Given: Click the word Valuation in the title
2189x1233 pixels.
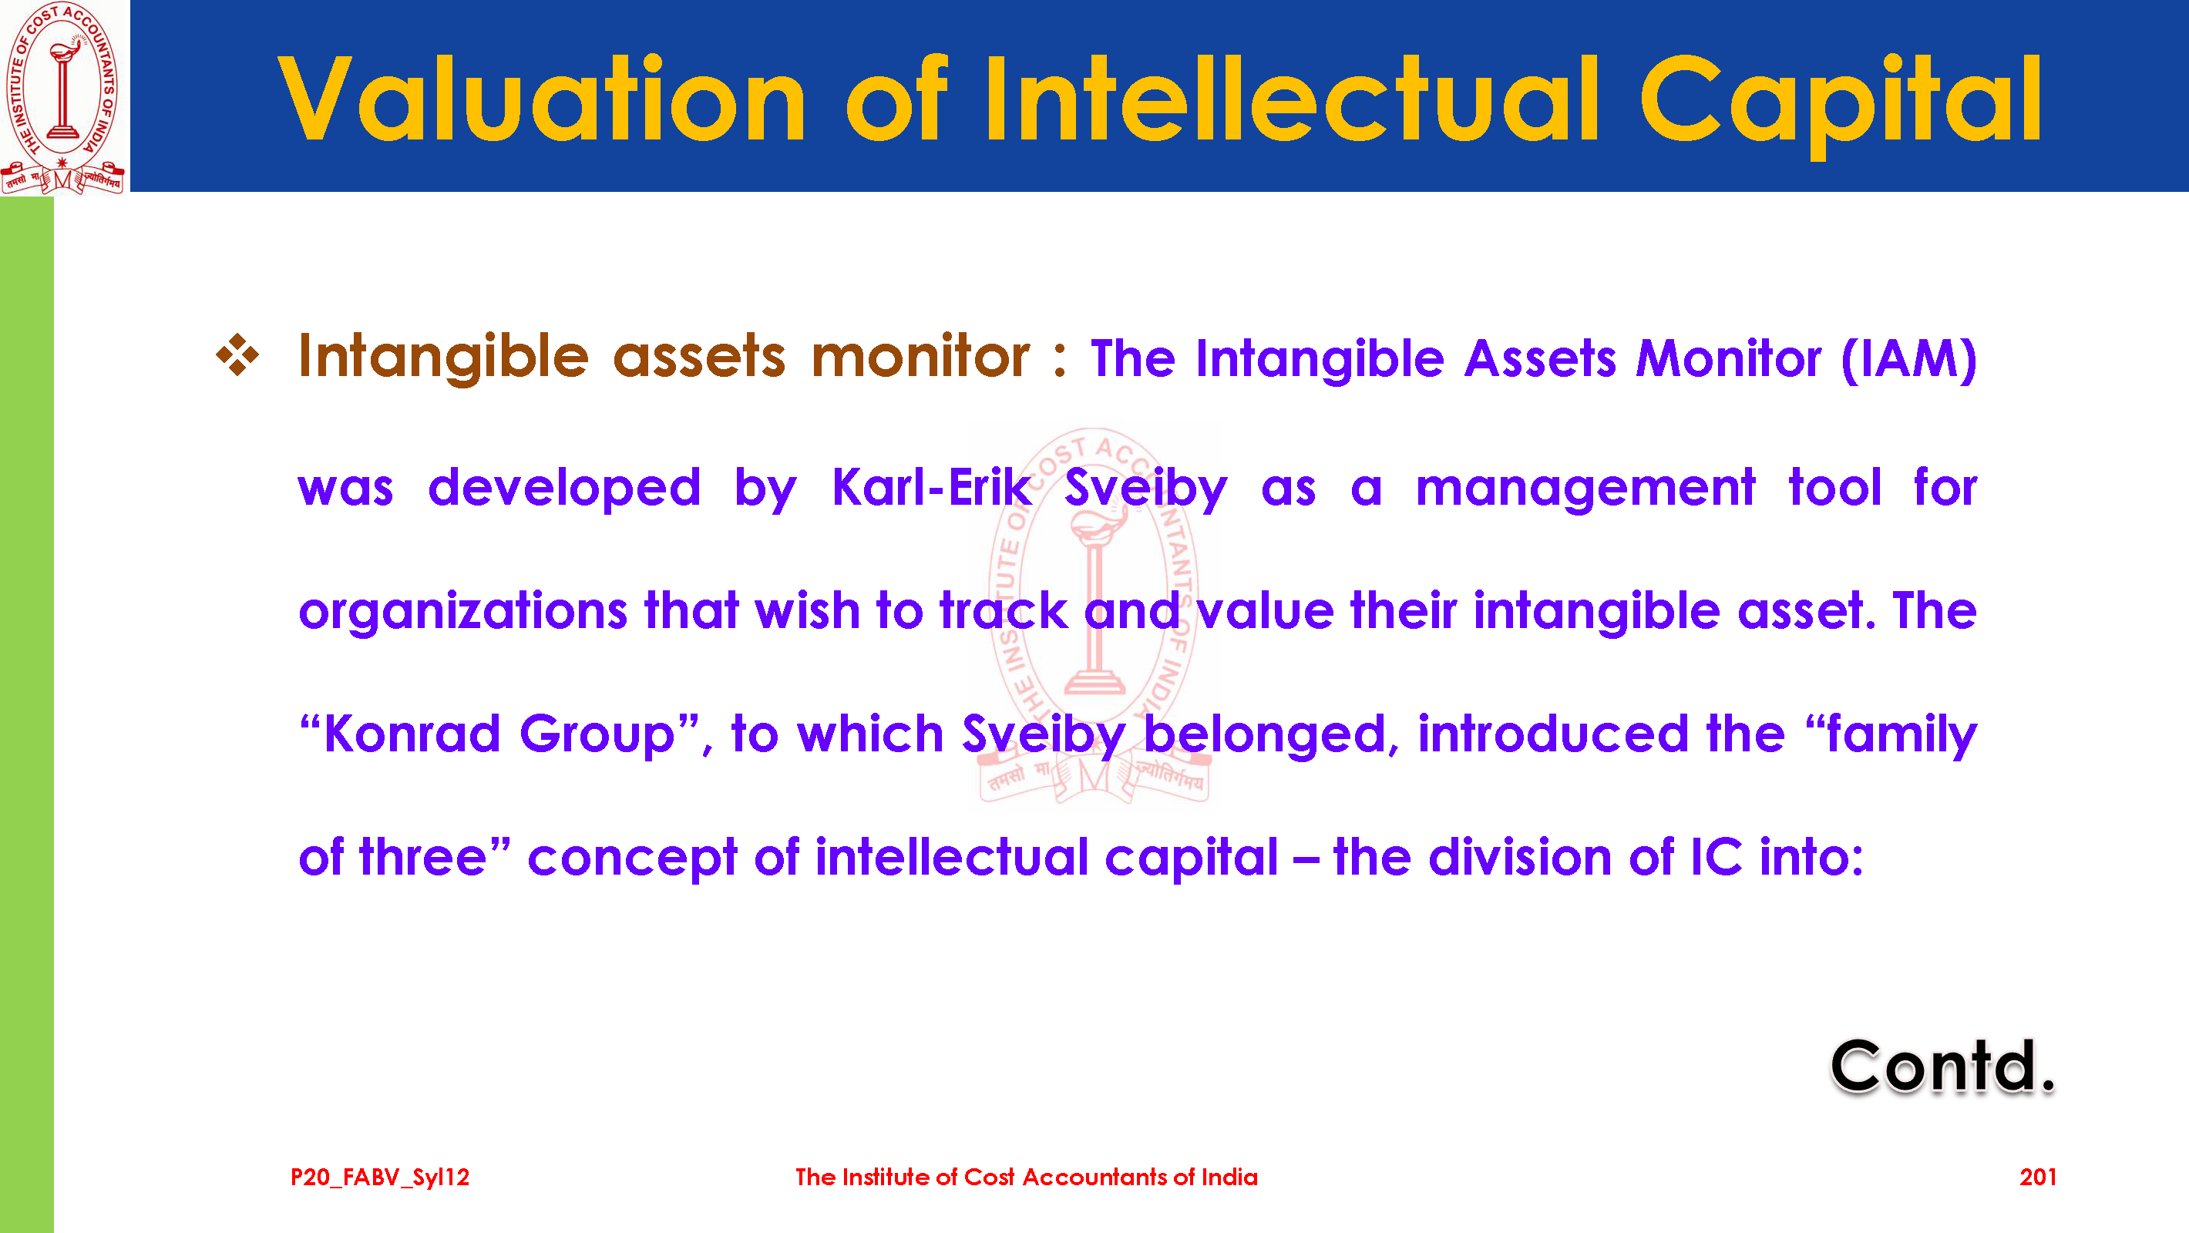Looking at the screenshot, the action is pyautogui.click(x=542, y=99).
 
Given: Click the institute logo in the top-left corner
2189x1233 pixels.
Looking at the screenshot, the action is pyautogui.click(x=64, y=97).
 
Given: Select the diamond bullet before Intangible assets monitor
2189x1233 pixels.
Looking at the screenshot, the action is pyautogui.click(x=237, y=355).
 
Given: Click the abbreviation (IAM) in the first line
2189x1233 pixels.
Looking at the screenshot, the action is pyautogui.click(x=1908, y=359).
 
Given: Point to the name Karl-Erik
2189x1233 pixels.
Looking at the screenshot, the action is pyautogui.click(x=931, y=487).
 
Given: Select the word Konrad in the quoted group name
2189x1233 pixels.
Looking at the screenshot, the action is pyautogui.click(x=412, y=734).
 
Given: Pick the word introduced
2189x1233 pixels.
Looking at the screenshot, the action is pyautogui.click(x=1552, y=734).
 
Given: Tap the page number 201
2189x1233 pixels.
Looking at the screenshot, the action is pyautogui.click(x=2038, y=1177).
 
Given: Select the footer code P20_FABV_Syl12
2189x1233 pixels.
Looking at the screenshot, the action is pyautogui.click(x=380, y=1178).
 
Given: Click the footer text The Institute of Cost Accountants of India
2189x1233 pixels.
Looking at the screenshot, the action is pyautogui.click(x=1027, y=1177).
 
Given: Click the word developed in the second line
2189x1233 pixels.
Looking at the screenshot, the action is pyautogui.click(x=564, y=489).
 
